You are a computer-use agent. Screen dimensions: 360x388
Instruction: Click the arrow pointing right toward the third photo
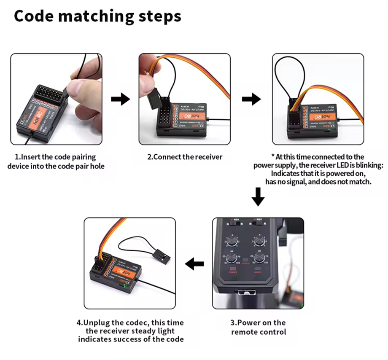[x=251, y=99]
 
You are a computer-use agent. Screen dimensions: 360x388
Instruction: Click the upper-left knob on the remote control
[x=231, y=242]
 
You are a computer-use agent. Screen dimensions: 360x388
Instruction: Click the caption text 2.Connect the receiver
[x=184, y=157]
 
